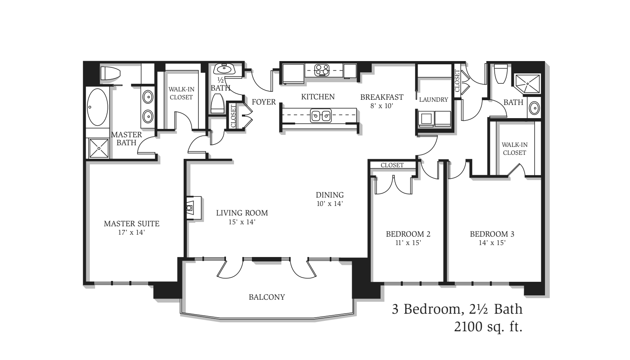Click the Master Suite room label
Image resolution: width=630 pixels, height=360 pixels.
[x=132, y=224]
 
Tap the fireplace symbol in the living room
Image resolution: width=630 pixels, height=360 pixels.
[x=194, y=208]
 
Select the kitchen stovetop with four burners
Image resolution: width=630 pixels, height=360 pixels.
[x=322, y=70]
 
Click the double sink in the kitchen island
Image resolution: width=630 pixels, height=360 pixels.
[x=321, y=116]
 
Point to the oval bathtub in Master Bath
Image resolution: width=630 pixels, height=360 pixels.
[x=97, y=107]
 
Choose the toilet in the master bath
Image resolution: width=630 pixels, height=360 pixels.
[x=110, y=73]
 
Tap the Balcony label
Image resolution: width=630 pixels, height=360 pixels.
[x=267, y=297]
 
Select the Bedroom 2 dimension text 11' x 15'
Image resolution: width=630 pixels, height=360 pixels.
[x=408, y=242]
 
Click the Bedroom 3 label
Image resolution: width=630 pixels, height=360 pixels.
[x=492, y=234]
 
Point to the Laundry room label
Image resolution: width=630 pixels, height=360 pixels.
[x=434, y=99]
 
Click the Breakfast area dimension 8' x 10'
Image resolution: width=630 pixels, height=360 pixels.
[x=381, y=106]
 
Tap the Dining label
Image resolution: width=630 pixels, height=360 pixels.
[x=330, y=195]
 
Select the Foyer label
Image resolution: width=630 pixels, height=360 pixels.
[x=263, y=102]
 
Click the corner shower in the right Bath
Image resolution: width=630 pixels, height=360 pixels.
[x=527, y=84]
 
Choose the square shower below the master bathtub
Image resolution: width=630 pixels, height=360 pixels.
[x=99, y=148]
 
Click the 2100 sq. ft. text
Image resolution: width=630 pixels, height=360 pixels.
[x=488, y=327]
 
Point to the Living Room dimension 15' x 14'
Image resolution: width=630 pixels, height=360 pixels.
[x=242, y=222]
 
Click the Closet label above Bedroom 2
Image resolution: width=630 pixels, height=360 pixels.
[x=392, y=165]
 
